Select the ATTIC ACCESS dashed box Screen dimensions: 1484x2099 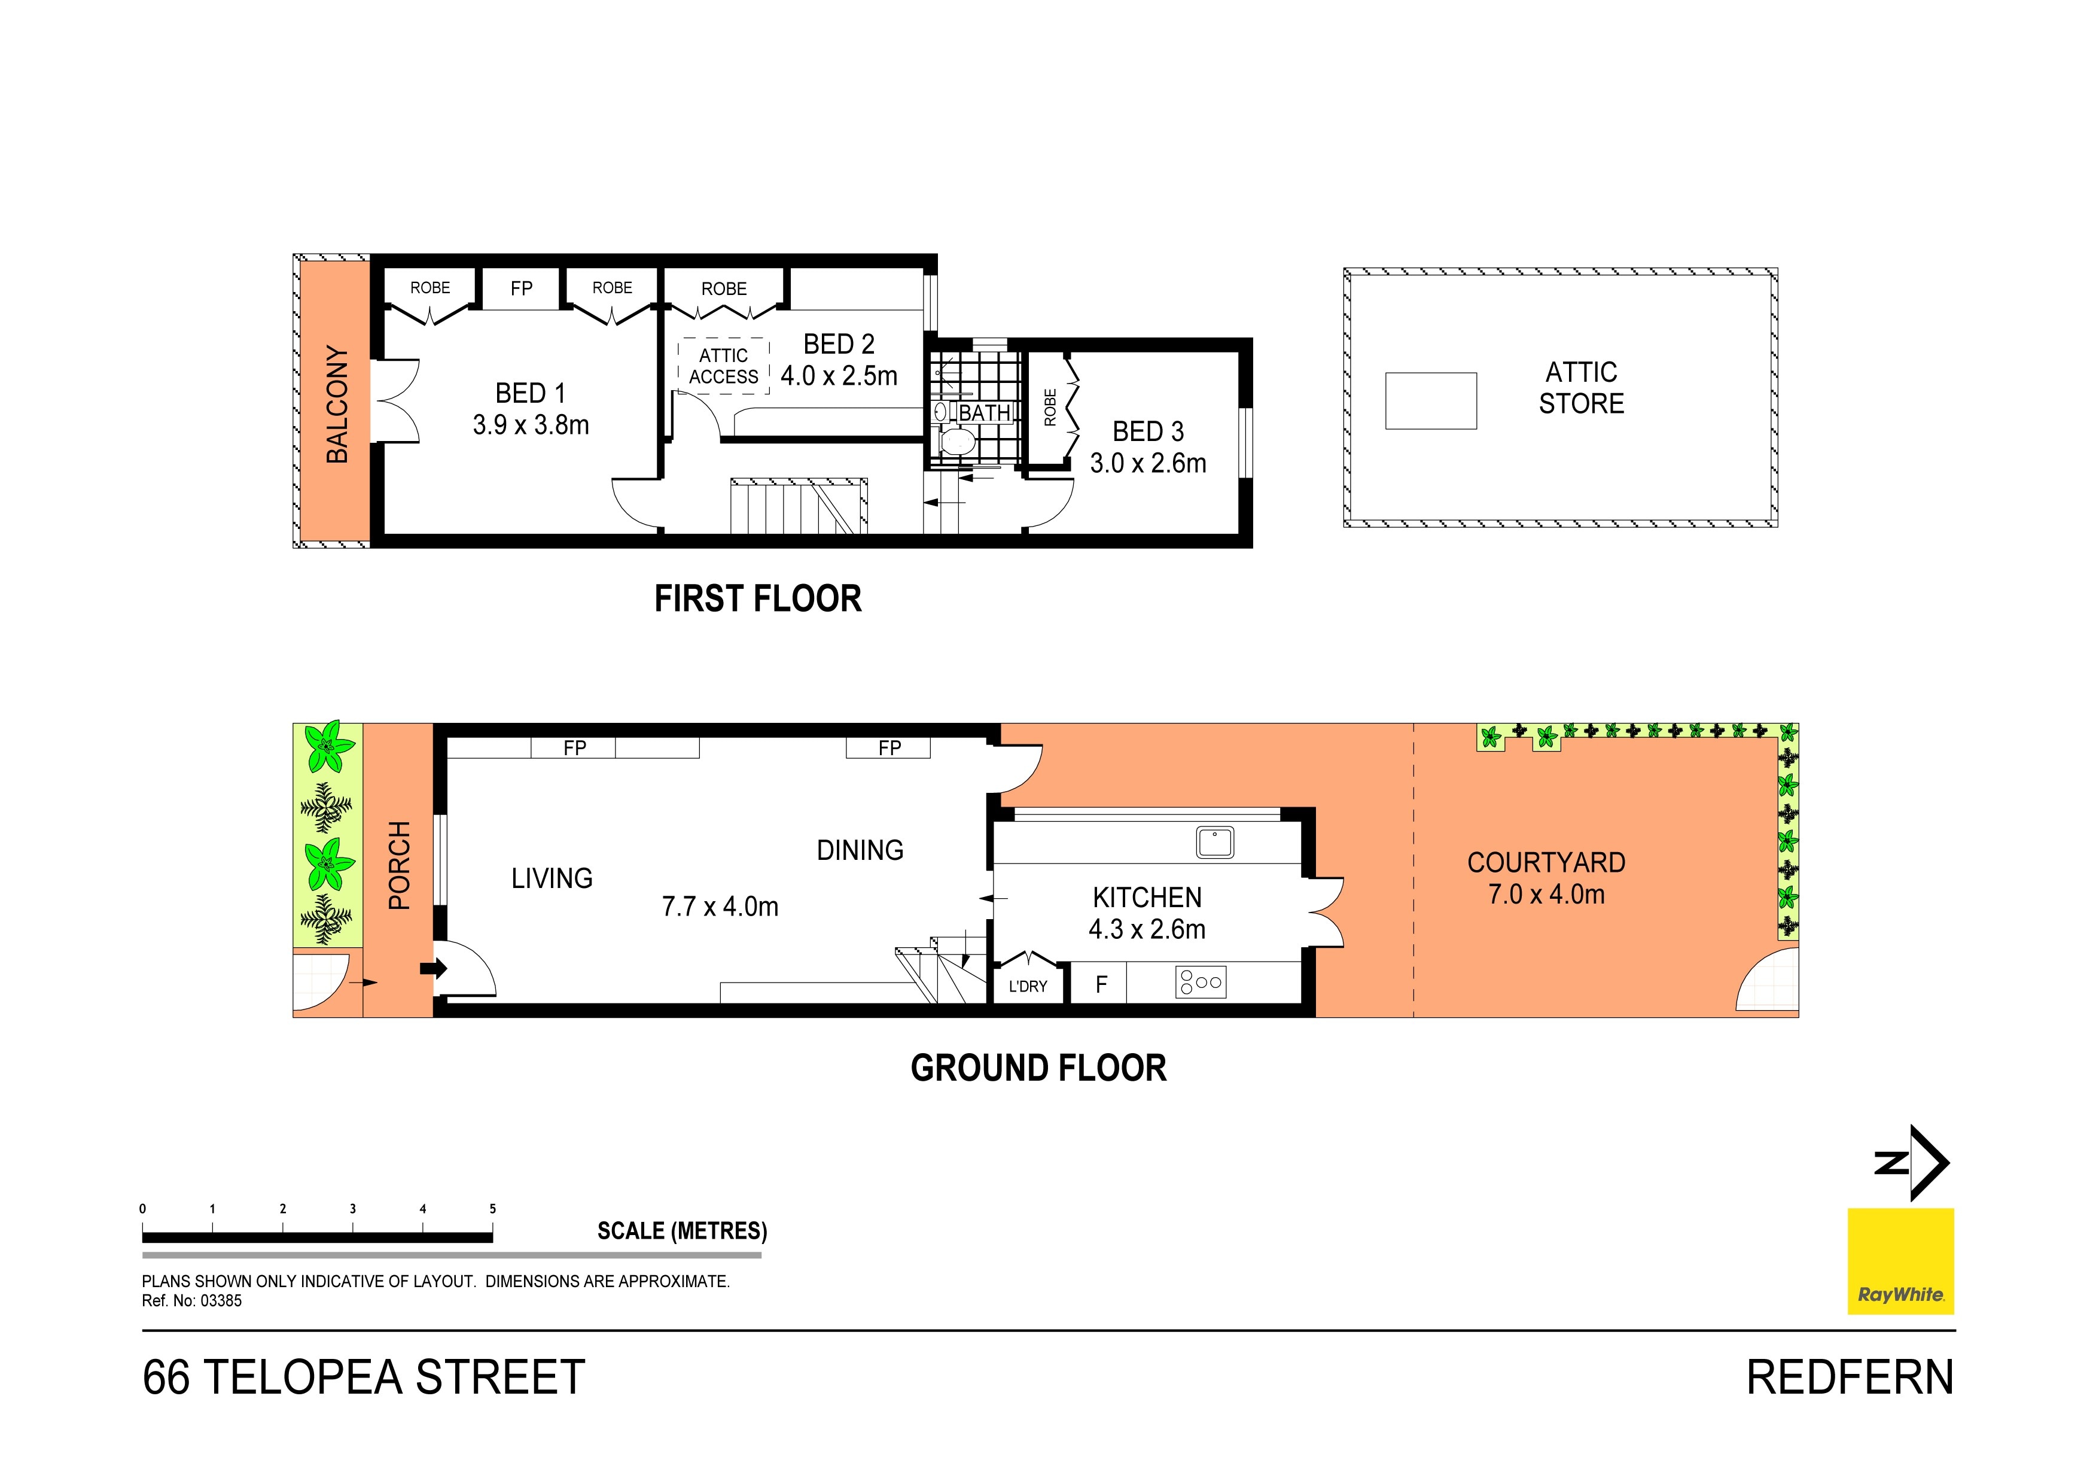coord(723,366)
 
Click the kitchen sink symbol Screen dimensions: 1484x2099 coord(1215,842)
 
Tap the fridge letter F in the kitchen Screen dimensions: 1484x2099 coord(1102,984)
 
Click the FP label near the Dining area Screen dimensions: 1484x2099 coord(889,748)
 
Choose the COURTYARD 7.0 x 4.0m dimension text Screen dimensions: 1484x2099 coord(1546,894)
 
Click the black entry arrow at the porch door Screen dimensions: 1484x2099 coord(433,968)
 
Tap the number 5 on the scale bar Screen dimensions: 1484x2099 coord(493,1209)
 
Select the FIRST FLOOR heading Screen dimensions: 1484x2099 coord(758,599)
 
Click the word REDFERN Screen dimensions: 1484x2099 coord(1850,1378)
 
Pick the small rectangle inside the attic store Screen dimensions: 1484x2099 coord(1431,400)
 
